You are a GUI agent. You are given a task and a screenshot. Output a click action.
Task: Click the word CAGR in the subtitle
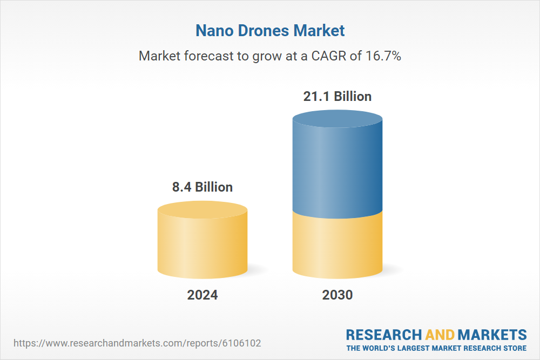pyautogui.click(x=329, y=56)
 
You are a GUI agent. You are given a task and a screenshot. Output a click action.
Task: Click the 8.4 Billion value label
pyautogui.click(x=202, y=187)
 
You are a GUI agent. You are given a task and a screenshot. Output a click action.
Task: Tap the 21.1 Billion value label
pyautogui.click(x=337, y=97)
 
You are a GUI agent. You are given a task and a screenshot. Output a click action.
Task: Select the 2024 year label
pyautogui.click(x=202, y=295)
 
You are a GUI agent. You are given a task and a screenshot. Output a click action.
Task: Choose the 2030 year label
pyautogui.click(x=337, y=295)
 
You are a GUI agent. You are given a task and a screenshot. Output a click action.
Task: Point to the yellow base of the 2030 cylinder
pyautogui.click(x=337, y=246)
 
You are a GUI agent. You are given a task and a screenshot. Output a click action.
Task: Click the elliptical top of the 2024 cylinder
pyautogui.click(x=202, y=209)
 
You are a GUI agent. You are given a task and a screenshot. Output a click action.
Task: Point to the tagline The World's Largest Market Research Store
pyautogui.click(x=436, y=348)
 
